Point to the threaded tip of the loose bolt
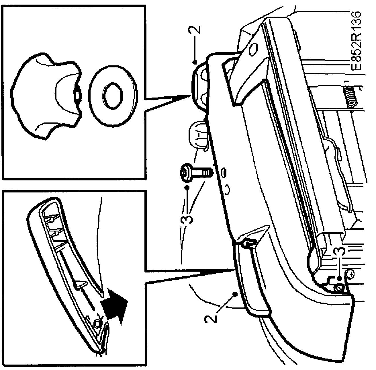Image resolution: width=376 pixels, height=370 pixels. (x=209, y=172)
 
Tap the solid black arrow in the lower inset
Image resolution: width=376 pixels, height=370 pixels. (x=115, y=308)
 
